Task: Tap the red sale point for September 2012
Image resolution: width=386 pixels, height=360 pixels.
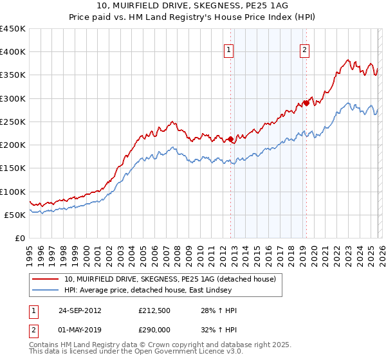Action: point(230,139)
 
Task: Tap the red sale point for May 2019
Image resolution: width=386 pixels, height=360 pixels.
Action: point(306,103)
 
